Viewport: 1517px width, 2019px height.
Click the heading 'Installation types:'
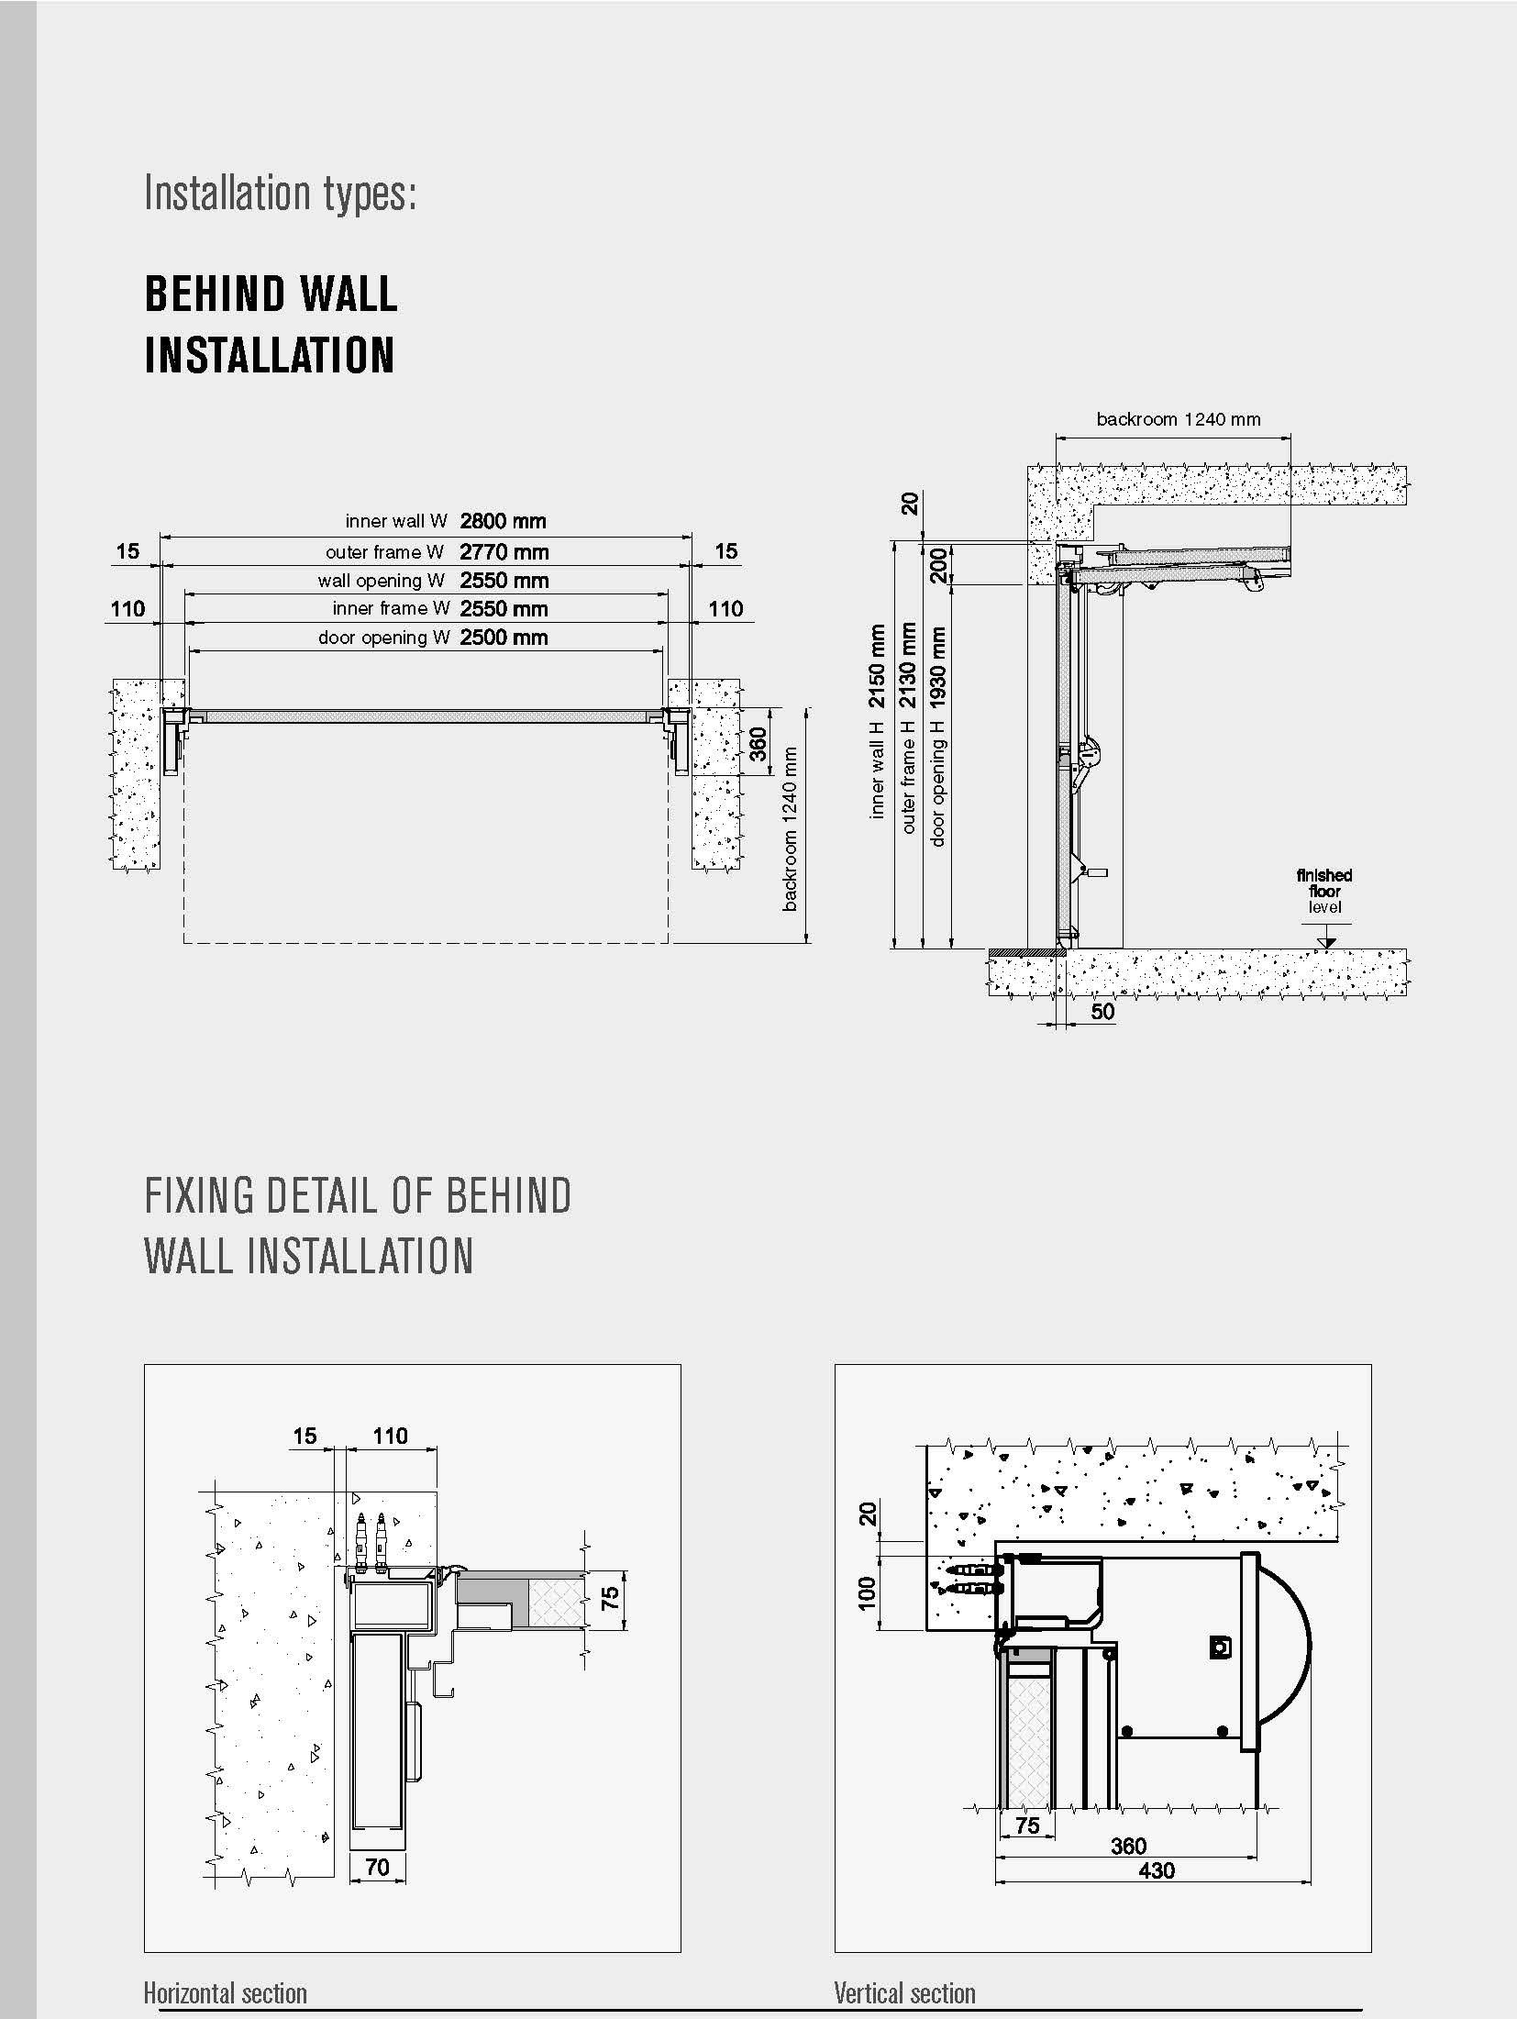coord(281,194)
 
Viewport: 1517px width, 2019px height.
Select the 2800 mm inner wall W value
coord(503,521)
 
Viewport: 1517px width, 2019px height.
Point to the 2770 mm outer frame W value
coord(504,552)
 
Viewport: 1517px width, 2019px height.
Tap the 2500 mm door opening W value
coord(504,638)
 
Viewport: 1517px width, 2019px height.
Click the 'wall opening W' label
coord(381,581)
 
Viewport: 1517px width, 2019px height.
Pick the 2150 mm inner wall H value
coord(878,666)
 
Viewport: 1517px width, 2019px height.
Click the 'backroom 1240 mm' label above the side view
coord(1178,419)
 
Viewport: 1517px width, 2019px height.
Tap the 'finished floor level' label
coord(1323,891)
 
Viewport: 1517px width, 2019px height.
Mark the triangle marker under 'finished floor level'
coord(1325,942)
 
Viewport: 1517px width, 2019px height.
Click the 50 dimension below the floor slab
coord(1102,1012)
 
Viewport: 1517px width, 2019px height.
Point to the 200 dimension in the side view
coord(937,565)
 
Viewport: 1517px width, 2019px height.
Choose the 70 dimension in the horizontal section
coord(377,1866)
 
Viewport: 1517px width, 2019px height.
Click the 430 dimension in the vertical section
coord(1156,1869)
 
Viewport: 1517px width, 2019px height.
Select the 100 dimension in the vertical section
coord(866,1592)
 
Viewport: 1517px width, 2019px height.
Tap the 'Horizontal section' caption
coord(225,1992)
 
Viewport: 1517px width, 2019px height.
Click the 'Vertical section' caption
coord(904,1992)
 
